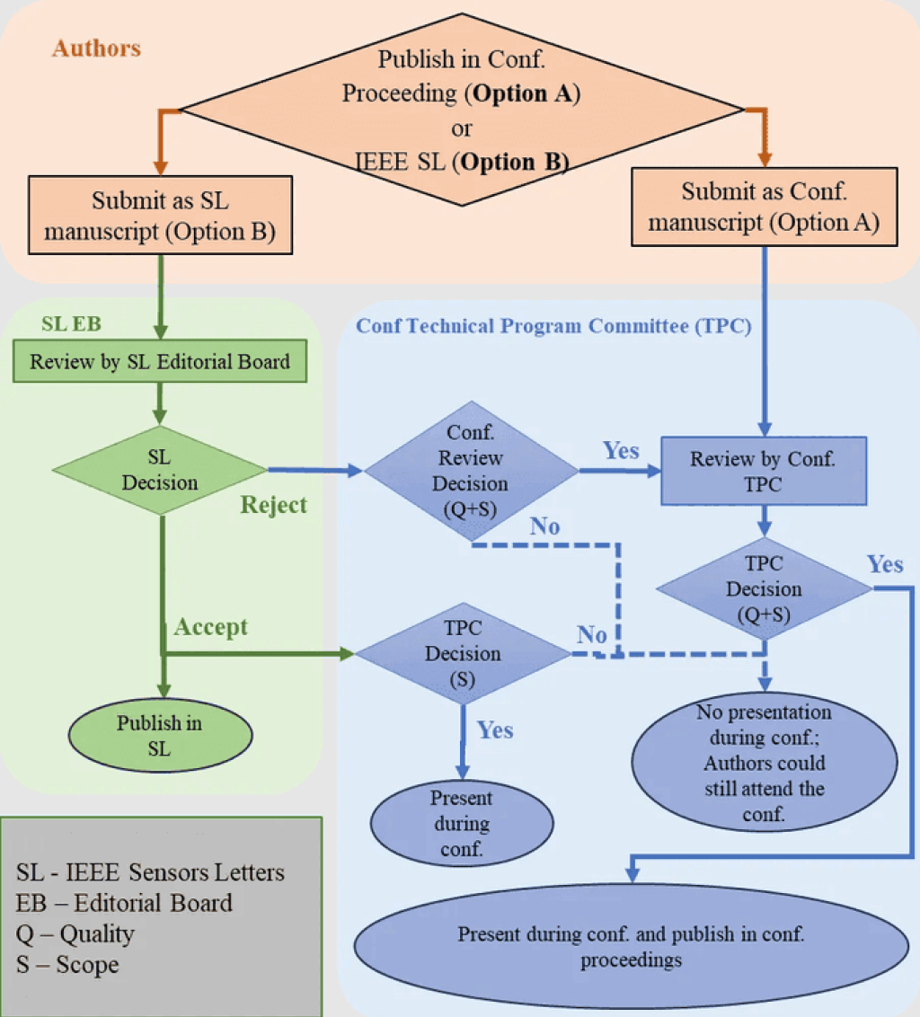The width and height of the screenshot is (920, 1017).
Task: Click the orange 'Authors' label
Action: coord(97,48)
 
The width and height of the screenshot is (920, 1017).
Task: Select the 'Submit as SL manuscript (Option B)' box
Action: coord(160,216)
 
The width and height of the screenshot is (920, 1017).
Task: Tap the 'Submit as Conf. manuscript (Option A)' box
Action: coord(765,207)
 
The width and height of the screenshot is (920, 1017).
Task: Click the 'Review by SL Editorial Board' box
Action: coord(160,361)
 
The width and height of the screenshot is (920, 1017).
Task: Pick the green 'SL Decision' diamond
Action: coord(160,470)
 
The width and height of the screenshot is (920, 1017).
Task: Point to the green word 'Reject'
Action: coord(273,505)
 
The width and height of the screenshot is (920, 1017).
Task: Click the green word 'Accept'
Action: coord(211,627)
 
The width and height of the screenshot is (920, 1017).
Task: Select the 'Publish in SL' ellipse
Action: coord(160,736)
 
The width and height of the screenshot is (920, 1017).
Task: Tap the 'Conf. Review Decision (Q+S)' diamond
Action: coord(471,471)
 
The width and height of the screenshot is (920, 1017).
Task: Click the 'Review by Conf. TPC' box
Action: coord(764,471)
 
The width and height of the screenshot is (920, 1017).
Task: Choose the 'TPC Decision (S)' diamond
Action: coord(463,654)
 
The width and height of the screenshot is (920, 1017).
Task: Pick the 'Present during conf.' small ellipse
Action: coord(462,823)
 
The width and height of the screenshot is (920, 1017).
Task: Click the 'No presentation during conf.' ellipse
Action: coord(765,762)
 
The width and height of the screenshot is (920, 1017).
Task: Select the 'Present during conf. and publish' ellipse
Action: coord(632,946)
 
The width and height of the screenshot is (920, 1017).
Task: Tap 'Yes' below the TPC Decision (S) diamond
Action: coord(495,730)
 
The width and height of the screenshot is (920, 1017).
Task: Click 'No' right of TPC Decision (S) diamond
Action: coord(592,634)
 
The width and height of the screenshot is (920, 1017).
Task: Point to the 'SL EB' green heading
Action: coord(71,323)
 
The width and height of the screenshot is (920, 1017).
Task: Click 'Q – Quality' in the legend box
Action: coord(75,934)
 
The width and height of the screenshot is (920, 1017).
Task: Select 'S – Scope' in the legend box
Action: coord(67,965)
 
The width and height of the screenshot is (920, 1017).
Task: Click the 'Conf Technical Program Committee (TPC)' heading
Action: coord(553,325)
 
